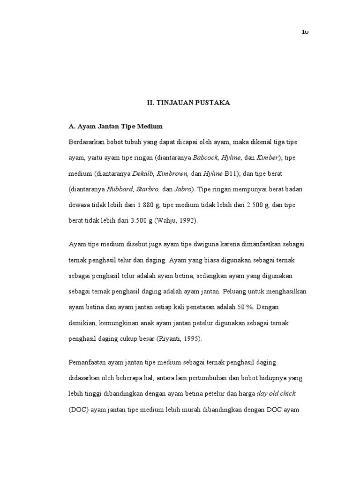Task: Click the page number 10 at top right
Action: click(x=305, y=32)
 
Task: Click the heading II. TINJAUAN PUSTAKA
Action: click(x=186, y=103)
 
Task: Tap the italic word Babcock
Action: click(x=206, y=158)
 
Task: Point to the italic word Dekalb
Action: click(x=143, y=174)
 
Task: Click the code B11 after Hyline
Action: click(x=231, y=174)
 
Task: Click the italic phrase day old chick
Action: click(x=276, y=393)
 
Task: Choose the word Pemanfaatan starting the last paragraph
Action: click(x=87, y=362)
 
